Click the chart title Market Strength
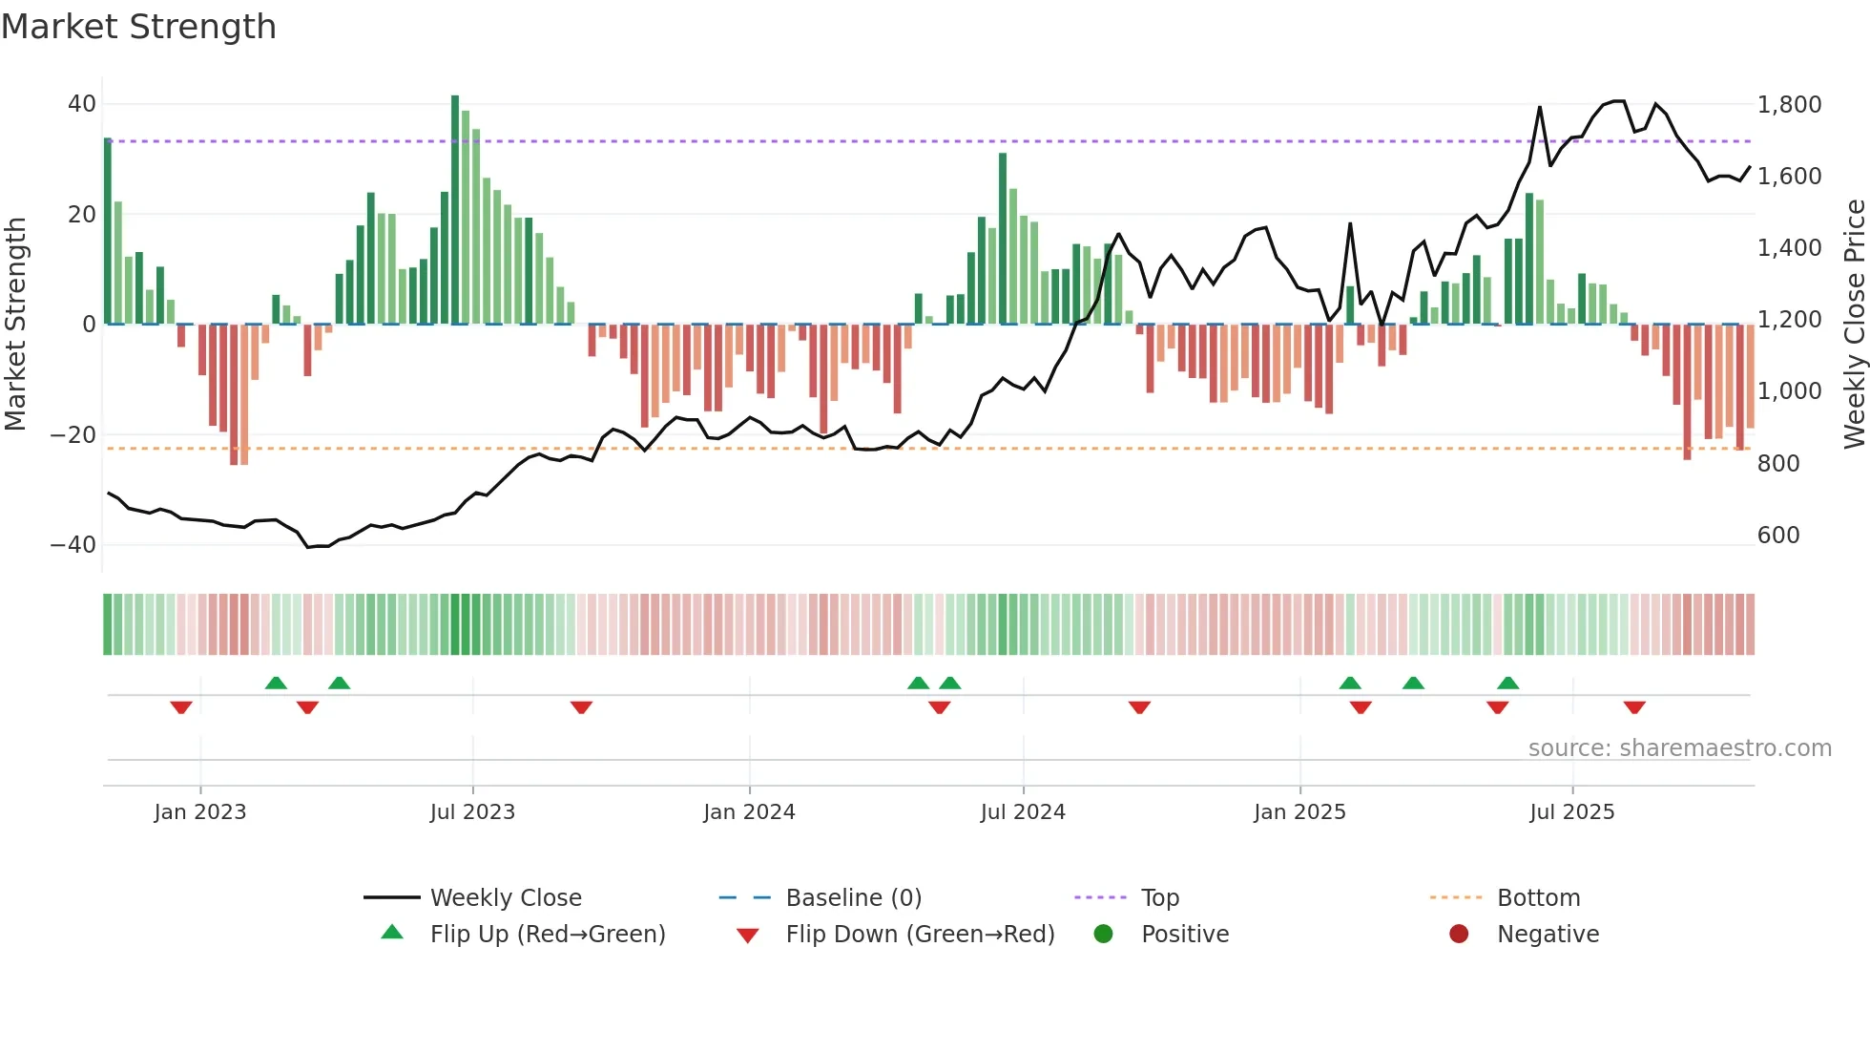[x=138, y=27]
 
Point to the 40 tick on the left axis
[x=82, y=104]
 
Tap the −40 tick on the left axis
[x=73, y=545]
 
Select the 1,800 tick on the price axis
[x=1789, y=105]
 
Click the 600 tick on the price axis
[x=1777, y=536]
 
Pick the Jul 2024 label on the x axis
[x=1022, y=812]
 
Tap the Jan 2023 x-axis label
[x=200, y=812]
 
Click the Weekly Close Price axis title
[x=1854, y=325]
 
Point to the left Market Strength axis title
[x=16, y=325]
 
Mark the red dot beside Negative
[x=1459, y=935]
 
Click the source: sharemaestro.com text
[x=1679, y=748]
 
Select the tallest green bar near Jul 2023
[x=455, y=210]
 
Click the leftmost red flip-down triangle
[x=181, y=707]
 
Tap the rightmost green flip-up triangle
[x=1507, y=683]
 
